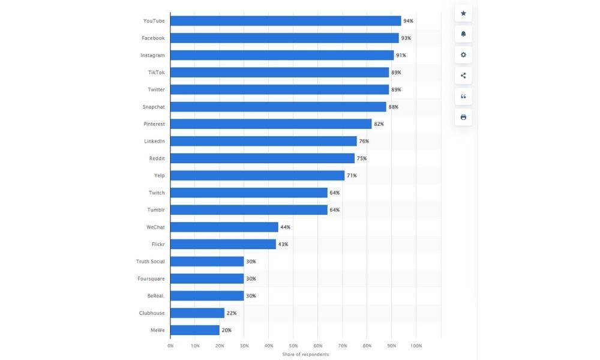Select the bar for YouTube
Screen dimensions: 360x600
click(286, 21)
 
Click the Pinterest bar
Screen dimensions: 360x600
click(271, 124)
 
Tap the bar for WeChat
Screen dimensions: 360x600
click(224, 227)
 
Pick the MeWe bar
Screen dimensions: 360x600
click(195, 331)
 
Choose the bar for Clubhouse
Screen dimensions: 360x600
click(197, 313)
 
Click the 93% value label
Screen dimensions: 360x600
click(406, 38)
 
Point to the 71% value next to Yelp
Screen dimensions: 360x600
click(352, 176)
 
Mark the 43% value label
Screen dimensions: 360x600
click(283, 244)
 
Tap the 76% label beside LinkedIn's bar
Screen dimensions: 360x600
click(364, 142)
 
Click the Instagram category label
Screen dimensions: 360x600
click(152, 55)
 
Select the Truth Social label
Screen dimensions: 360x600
click(150, 262)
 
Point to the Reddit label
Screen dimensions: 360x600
click(157, 158)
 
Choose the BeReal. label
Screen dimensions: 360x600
click(155, 296)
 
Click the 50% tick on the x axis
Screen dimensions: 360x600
click(293, 346)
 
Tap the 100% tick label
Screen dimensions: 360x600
click(416, 346)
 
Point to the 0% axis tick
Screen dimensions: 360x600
click(170, 346)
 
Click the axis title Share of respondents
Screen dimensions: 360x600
click(305, 355)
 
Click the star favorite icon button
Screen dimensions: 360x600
click(463, 13)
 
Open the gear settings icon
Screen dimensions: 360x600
click(463, 55)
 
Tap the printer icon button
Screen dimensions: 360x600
click(463, 117)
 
